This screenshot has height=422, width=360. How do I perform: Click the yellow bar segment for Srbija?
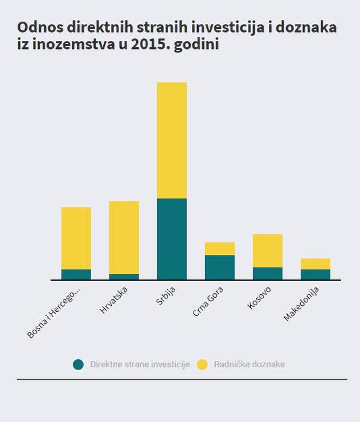171,140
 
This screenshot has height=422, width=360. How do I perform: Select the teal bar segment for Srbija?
171,239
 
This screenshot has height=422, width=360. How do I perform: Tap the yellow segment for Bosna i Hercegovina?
76,238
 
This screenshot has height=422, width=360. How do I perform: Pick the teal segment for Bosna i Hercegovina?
76,274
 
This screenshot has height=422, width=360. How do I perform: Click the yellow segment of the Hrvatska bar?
124,237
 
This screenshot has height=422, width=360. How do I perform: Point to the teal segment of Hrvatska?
124,277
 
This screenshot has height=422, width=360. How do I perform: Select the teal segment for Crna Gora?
219,267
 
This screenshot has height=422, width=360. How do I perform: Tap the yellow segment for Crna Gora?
219,249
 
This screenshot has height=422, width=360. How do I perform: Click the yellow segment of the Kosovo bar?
267,250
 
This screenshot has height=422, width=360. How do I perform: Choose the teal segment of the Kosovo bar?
267,273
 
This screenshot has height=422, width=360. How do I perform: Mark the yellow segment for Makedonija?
315,263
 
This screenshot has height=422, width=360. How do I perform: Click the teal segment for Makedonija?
315,274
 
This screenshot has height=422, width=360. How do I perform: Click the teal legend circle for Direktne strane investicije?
79,364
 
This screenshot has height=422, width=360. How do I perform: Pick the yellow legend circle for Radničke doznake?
202,364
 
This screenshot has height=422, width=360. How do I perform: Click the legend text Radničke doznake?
249,364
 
